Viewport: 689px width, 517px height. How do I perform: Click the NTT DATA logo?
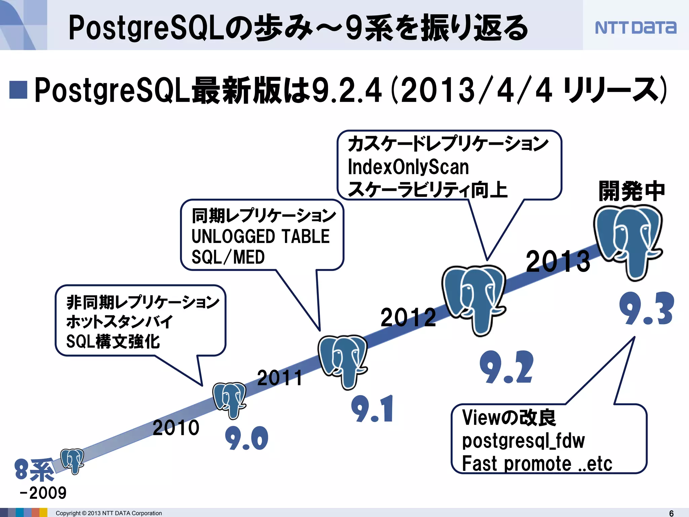point(635,27)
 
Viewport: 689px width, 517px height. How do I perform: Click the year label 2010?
point(176,428)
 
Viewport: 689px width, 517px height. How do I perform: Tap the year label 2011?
point(280,378)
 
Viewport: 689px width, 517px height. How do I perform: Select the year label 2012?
point(408,317)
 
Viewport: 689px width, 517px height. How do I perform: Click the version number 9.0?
point(247,438)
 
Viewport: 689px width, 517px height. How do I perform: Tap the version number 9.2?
point(506,367)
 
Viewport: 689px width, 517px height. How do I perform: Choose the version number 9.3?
point(646,309)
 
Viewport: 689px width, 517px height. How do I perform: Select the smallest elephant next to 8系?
point(72,460)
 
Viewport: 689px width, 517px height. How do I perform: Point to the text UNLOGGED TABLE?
point(260,236)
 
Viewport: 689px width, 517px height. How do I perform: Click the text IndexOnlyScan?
point(408,167)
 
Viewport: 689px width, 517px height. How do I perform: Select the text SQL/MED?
point(228,257)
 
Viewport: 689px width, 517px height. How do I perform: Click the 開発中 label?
point(632,191)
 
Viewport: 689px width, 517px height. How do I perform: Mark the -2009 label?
point(43,493)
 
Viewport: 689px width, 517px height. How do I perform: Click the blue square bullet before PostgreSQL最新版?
point(18,90)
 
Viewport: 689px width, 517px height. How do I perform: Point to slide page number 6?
point(671,513)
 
